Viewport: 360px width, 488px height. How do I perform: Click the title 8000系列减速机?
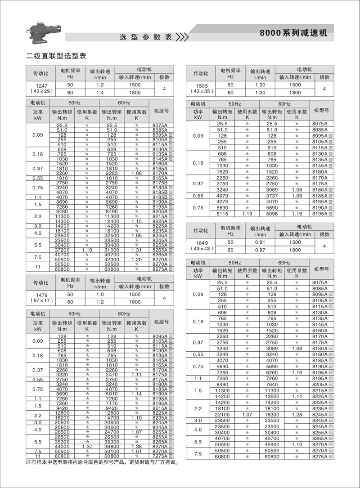coord(294,34)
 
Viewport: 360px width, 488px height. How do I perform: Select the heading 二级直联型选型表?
coord(56,56)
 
